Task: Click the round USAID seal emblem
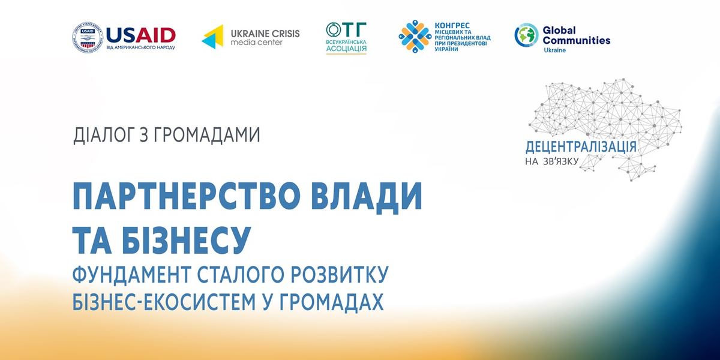[87, 37]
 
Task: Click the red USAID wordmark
[140, 34]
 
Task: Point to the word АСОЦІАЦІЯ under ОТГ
[346, 49]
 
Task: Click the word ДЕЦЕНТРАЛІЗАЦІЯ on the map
[581, 146]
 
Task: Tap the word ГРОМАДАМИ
[211, 135]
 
